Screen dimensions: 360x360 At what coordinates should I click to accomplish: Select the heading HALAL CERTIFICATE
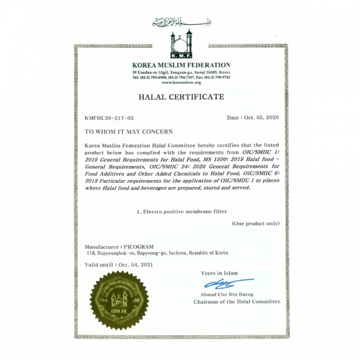181,97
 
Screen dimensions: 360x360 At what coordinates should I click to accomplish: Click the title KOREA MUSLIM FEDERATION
181,65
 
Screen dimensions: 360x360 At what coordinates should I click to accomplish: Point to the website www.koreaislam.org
181,82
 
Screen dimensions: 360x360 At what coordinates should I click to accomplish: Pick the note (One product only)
255,223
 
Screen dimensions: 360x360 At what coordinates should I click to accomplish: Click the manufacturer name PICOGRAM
138,247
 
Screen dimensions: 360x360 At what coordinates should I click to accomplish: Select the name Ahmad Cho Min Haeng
227,294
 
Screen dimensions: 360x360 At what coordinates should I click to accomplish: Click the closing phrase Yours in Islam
219,273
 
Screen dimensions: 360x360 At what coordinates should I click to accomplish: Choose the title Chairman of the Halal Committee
236,301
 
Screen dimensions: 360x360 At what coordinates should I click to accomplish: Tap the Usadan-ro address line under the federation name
181,73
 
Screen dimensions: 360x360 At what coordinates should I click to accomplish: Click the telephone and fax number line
181,78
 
